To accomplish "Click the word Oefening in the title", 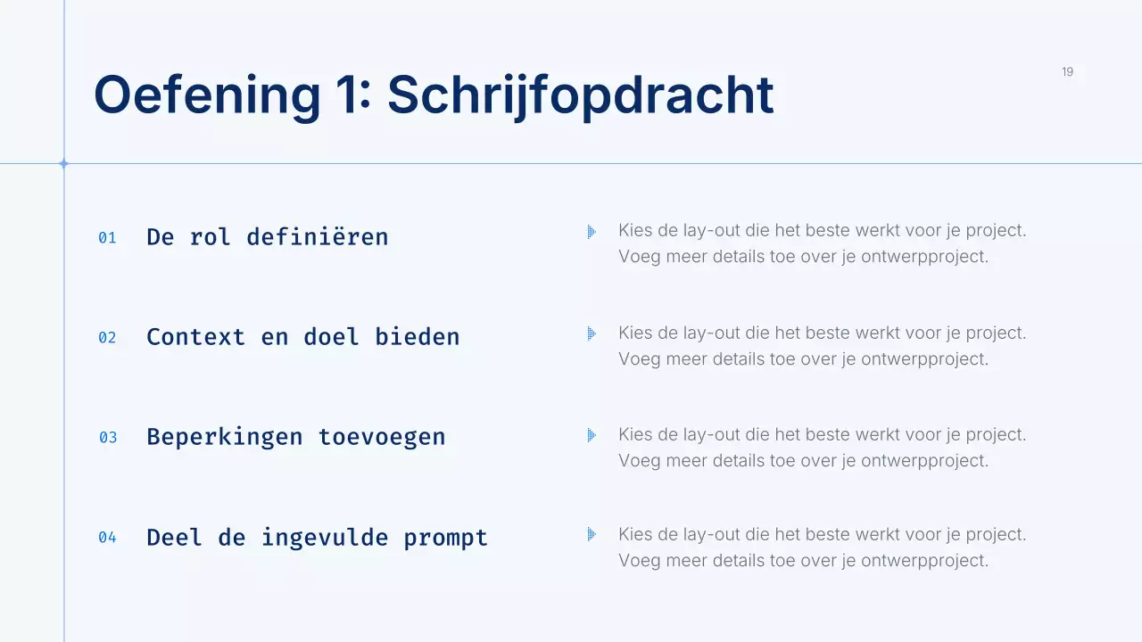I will coord(206,95).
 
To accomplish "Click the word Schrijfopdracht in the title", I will coord(580,95).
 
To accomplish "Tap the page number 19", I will coord(1067,72).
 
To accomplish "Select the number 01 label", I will coord(107,238).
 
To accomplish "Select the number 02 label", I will coord(107,338).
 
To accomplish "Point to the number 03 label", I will coord(107,438).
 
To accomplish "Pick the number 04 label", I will coord(107,538).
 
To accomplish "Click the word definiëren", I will coord(317,237).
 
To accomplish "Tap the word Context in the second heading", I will coord(195,337).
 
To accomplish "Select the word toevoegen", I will coord(381,437).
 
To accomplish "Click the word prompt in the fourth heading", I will coord(445,538).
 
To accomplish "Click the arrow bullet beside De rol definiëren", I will coord(591,232).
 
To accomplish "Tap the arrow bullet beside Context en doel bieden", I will coord(591,333).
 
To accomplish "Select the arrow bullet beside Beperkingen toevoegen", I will coord(591,435).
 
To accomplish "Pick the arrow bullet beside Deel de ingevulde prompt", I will coord(591,535).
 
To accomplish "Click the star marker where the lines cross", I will coord(63,163).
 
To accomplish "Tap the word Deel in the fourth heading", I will coord(174,538).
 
